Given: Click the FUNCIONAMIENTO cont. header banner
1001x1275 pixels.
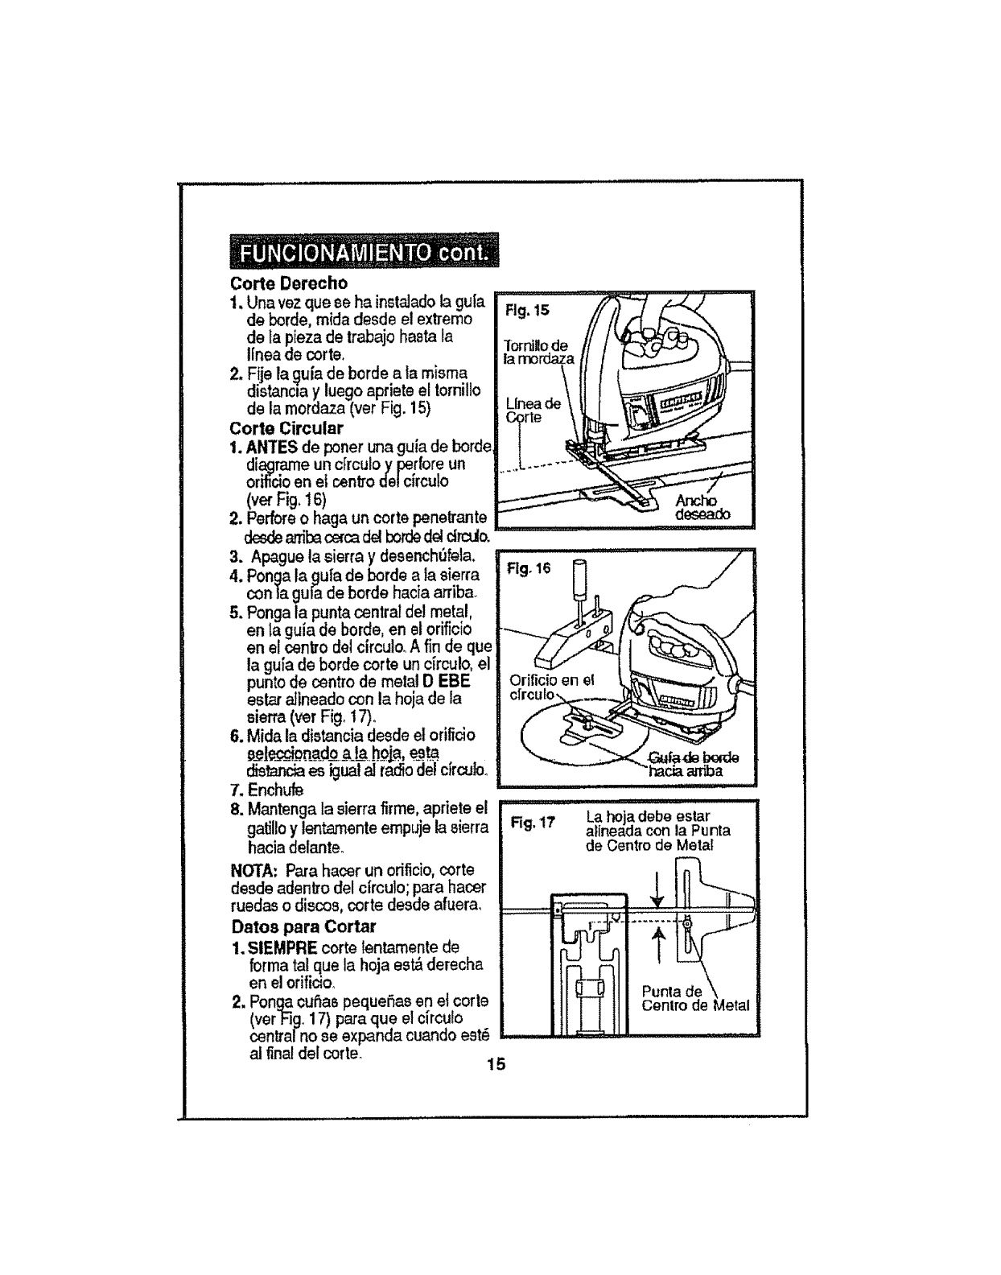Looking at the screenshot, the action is coord(364,252).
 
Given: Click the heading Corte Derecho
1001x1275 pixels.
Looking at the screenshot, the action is coord(289,283).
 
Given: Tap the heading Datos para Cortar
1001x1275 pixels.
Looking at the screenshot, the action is coord(292,926).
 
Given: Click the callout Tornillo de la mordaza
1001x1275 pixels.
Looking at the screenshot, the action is coord(537,353).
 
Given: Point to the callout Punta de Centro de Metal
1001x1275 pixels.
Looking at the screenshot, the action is coord(694,998).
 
